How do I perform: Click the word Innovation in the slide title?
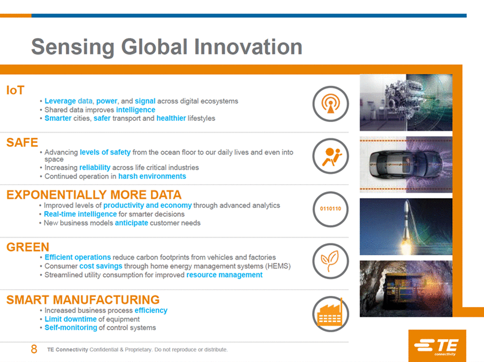point(248,47)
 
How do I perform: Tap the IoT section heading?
point(15,90)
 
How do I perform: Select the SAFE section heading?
point(22,142)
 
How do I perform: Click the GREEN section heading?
point(28,247)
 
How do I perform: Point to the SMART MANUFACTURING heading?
point(83,300)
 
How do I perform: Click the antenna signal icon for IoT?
point(331,104)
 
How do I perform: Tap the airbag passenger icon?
point(331,156)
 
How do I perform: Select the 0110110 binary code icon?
point(331,209)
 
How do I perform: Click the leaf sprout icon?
point(331,261)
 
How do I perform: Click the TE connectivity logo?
point(437,345)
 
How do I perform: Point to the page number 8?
point(34,349)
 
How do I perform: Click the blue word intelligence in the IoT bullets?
point(135,110)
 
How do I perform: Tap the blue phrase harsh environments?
point(152,176)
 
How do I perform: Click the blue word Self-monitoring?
point(70,327)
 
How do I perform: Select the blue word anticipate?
point(132,223)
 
